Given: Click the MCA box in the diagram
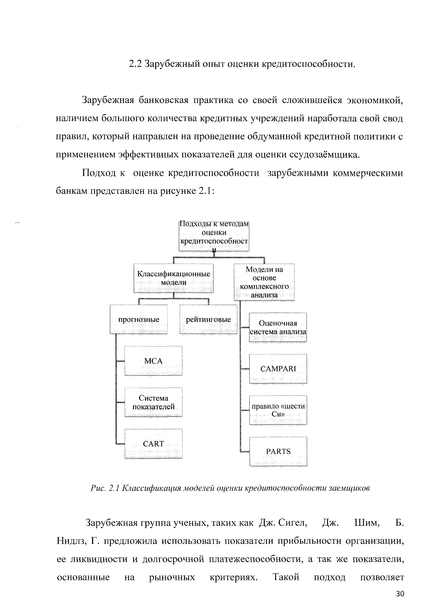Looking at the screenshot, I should tap(153, 361).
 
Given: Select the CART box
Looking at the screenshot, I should tap(153, 444).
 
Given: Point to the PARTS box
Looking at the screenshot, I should tap(278, 451).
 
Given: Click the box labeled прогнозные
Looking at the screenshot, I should tap(139, 319).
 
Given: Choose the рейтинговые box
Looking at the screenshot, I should tap(208, 319).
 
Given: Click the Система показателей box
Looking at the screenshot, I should tap(153, 402).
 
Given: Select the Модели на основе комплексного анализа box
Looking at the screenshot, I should tap(264, 282).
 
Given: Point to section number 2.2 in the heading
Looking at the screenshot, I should tap(135, 64).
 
